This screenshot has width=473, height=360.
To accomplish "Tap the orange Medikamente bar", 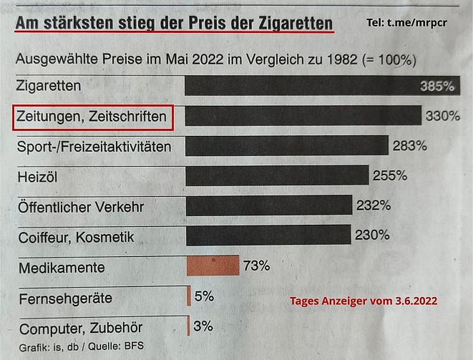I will pyautogui.click(x=213, y=266).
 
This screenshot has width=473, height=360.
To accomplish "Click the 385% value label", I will pyautogui.click(x=437, y=86).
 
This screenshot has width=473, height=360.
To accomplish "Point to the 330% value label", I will pyautogui.click(x=442, y=116).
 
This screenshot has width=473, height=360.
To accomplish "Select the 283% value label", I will pyautogui.click(x=409, y=145).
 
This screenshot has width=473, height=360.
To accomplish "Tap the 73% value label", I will pyautogui.click(x=257, y=266).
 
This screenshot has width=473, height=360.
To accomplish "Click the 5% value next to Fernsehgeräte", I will pyautogui.click(x=204, y=296).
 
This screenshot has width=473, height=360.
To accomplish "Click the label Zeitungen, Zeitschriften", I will pyautogui.click(x=93, y=117).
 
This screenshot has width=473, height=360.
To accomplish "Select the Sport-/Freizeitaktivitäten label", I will pyautogui.click(x=95, y=147).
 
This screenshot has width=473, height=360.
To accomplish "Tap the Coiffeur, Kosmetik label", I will pyautogui.click(x=77, y=238).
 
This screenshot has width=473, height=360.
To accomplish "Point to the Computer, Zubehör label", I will pyautogui.click(x=81, y=328).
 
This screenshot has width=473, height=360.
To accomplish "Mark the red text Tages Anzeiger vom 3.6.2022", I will pyautogui.click(x=364, y=301).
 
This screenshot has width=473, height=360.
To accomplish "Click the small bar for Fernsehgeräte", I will pyautogui.click(x=189, y=296).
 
